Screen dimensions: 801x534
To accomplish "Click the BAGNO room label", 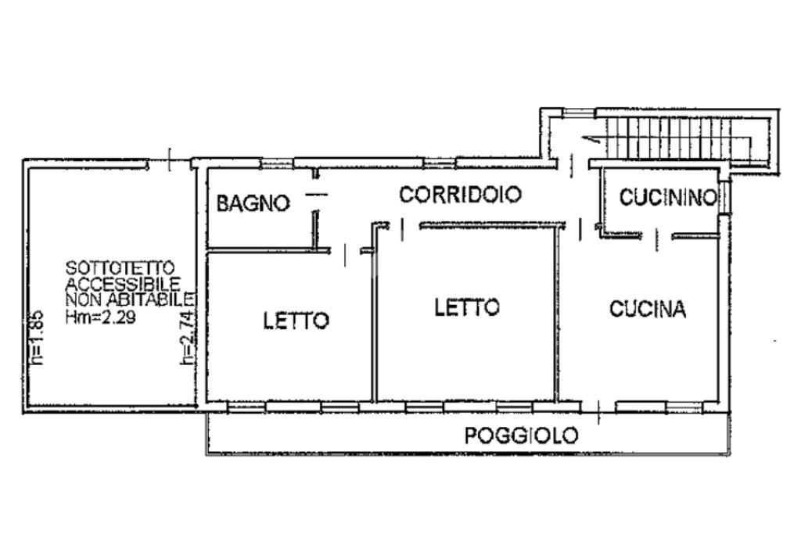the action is [x=253, y=203].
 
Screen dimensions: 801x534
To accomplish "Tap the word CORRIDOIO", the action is [x=460, y=195].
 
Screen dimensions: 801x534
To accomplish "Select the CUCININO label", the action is [x=668, y=197].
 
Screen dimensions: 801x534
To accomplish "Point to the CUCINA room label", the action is [x=647, y=309].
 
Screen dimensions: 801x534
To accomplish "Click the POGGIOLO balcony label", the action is [x=521, y=435].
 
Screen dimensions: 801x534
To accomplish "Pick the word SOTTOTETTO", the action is [x=120, y=268].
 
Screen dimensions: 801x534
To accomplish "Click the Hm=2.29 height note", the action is [x=101, y=317].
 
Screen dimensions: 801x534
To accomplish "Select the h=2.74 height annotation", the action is [x=187, y=338].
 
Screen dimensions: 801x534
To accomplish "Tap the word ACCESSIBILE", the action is [x=123, y=283].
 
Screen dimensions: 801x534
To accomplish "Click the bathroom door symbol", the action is [x=316, y=194].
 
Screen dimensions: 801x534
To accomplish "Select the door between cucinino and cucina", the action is [x=657, y=240].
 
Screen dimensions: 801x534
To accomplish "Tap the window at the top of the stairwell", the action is [x=580, y=113].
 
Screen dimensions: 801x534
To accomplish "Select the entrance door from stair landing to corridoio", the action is [x=572, y=166].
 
